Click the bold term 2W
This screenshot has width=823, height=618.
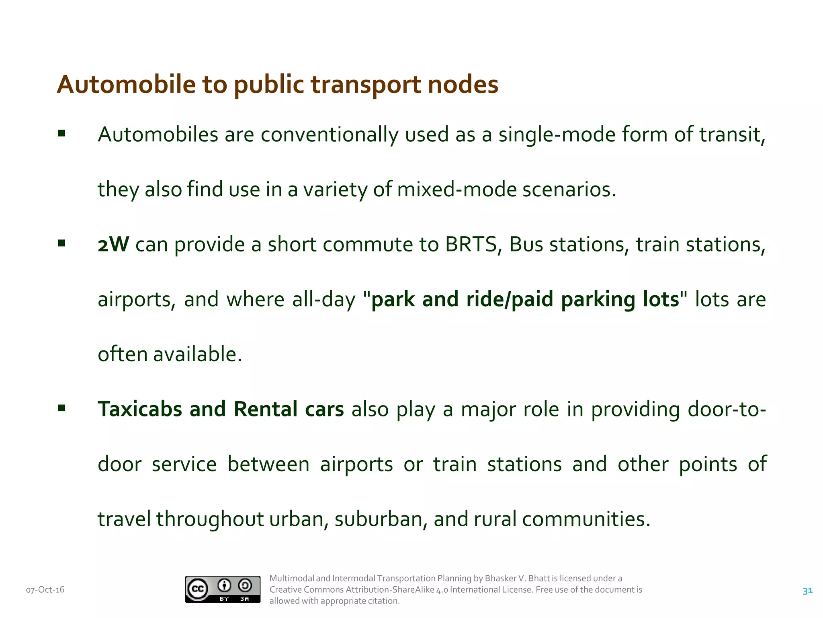pyautogui.click(x=113, y=244)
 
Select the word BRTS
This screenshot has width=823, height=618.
pyautogui.click(x=471, y=244)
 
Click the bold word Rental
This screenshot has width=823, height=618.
pyautogui.click(x=266, y=409)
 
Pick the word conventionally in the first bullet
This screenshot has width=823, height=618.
pyautogui.click(x=329, y=134)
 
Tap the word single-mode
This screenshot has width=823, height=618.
pyautogui.click(x=557, y=134)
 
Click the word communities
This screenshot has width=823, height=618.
pyautogui.click(x=586, y=519)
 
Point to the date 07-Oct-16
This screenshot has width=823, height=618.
pyautogui.click(x=45, y=590)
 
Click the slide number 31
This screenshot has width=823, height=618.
pyautogui.click(x=807, y=591)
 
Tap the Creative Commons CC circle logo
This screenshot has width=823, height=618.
pyautogui.click(x=197, y=589)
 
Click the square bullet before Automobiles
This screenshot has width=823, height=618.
pyautogui.click(x=61, y=134)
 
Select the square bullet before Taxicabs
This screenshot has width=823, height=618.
pyautogui.click(x=61, y=408)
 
